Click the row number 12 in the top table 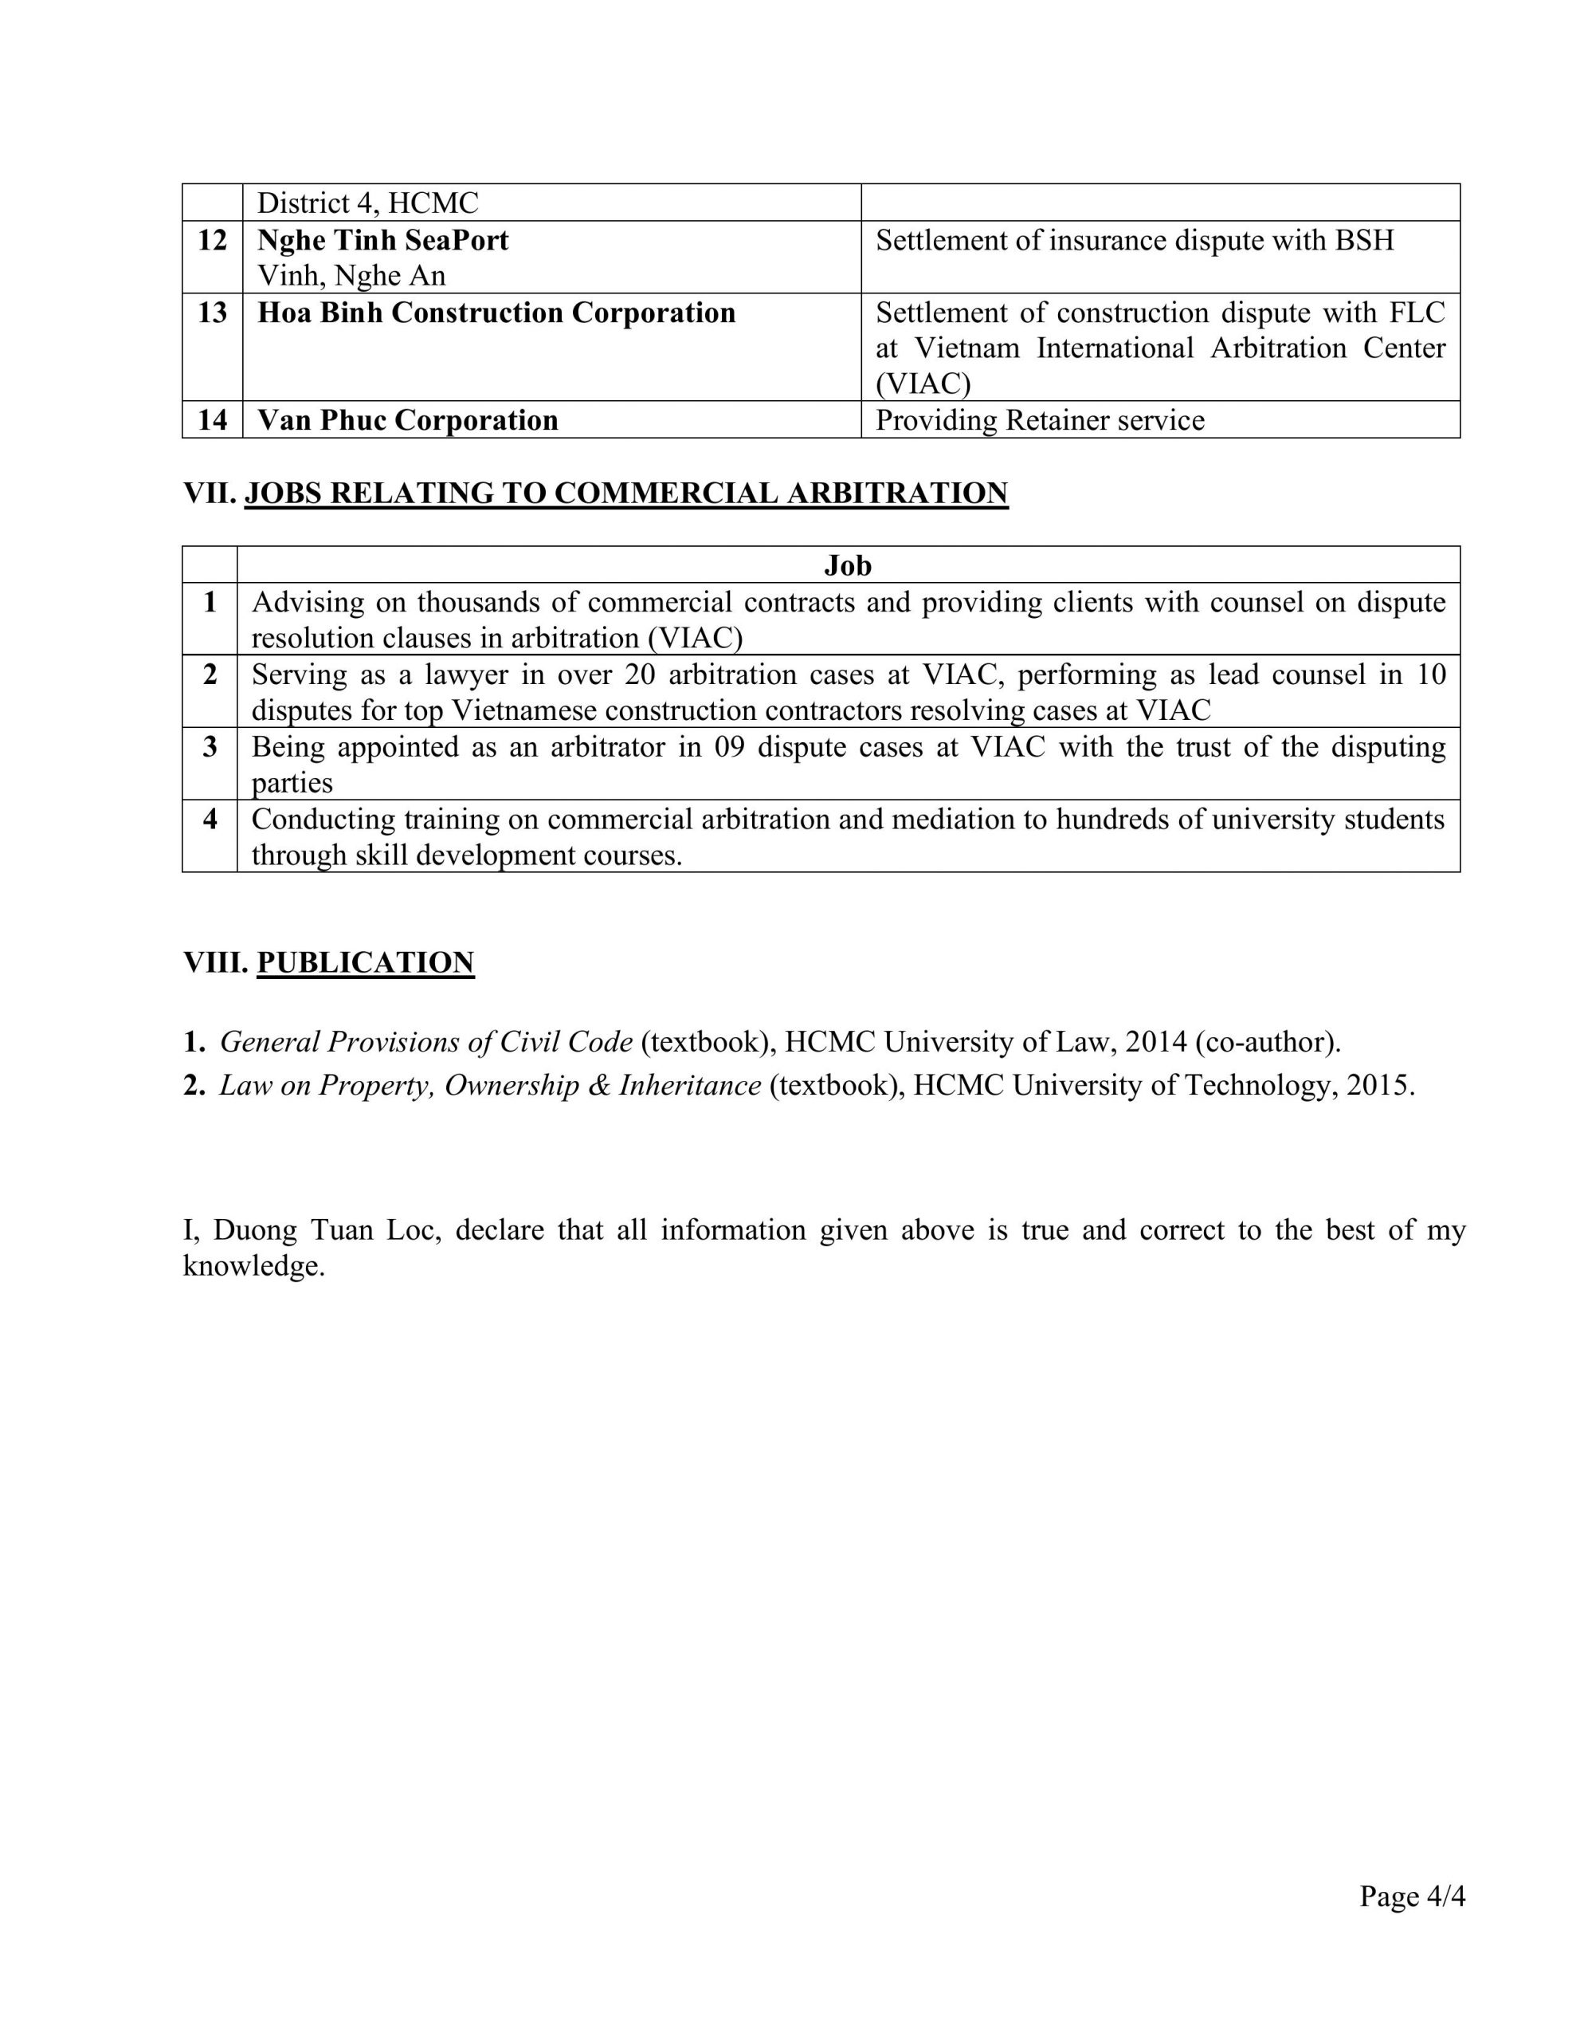(x=212, y=240)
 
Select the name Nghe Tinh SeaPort (x=383, y=240)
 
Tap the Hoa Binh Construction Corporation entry (x=496, y=313)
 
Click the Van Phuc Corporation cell (x=407, y=419)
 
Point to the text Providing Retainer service (x=1039, y=419)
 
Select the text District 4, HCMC (x=367, y=203)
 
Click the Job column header (x=847, y=564)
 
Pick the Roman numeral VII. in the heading (x=210, y=493)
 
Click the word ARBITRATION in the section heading (x=897, y=493)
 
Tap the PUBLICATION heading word (x=365, y=962)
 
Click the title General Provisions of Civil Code (x=426, y=1041)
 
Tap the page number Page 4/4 (x=1412, y=1895)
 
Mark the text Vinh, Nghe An (x=351, y=276)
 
